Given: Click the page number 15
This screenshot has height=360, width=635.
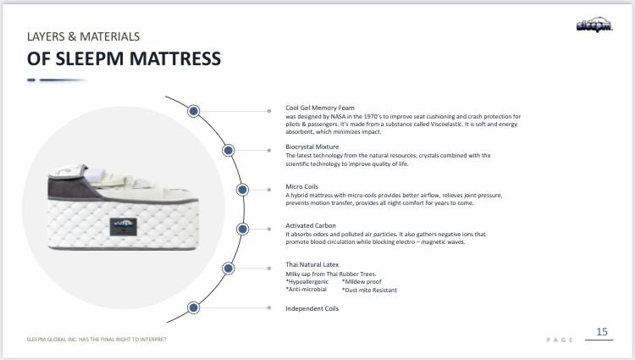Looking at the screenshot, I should click(x=602, y=331).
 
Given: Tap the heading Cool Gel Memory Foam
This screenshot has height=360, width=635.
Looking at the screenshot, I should click(x=320, y=108).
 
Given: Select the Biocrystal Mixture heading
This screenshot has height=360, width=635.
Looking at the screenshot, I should click(x=312, y=147).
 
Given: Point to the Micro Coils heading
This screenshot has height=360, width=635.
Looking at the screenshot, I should click(x=302, y=186).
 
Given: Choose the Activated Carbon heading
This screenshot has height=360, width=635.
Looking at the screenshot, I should click(x=311, y=225).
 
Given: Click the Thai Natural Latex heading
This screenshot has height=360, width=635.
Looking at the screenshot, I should click(x=312, y=264).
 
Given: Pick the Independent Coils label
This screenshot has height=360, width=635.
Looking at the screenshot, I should click(x=312, y=308).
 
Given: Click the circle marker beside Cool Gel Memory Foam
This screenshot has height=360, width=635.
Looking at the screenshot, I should click(x=194, y=110).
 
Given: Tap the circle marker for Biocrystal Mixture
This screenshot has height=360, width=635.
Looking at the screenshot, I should click(x=228, y=150).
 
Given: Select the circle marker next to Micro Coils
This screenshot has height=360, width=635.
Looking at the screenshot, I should click(x=242, y=189).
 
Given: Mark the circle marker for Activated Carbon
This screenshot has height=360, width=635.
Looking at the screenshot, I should click(x=242, y=229).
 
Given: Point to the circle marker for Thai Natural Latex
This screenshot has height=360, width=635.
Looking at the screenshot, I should click(x=228, y=268).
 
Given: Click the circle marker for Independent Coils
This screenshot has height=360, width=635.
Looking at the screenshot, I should click(x=194, y=307).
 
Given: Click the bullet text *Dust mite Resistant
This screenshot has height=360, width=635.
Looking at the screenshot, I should click(x=369, y=290).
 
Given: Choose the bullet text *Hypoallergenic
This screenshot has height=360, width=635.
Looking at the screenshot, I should click(x=307, y=281).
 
